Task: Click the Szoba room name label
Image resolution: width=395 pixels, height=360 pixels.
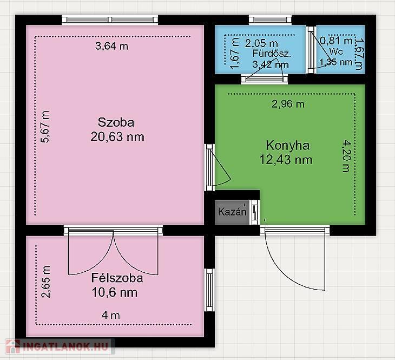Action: click(116, 122)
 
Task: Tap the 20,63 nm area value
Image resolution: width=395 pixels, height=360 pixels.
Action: click(117, 137)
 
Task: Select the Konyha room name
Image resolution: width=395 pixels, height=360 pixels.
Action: click(288, 146)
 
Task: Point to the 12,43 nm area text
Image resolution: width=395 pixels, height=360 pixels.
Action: click(286, 160)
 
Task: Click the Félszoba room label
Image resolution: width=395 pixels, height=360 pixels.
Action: click(117, 278)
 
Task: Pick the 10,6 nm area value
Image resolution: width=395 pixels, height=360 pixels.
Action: click(115, 293)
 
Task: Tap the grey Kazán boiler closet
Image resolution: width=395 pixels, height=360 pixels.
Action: click(232, 212)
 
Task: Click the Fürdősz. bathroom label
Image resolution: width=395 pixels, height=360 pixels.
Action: click(272, 54)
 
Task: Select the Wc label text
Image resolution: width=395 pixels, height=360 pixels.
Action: click(336, 51)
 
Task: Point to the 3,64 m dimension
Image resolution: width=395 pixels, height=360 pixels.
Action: click(111, 46)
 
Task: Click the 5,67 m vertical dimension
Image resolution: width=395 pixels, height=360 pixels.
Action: click(45, 127)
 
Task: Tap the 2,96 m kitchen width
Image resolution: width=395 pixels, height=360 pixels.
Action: click(288, 104)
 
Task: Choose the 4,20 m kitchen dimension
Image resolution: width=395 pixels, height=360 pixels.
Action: click(346, 156)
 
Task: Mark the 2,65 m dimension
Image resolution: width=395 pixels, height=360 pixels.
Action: click(46, 282)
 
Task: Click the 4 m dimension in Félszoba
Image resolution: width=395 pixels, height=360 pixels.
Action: click(111, 315)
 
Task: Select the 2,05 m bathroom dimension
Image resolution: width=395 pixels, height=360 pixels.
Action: click(261, 43)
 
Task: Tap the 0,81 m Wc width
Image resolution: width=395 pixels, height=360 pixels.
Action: click(337, 41)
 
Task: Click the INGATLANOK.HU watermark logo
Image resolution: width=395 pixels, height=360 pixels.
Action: click(58, 346)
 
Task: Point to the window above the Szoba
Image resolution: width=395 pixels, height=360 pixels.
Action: click(110, 19)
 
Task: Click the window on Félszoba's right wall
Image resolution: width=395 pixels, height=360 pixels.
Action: click(209, 290)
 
